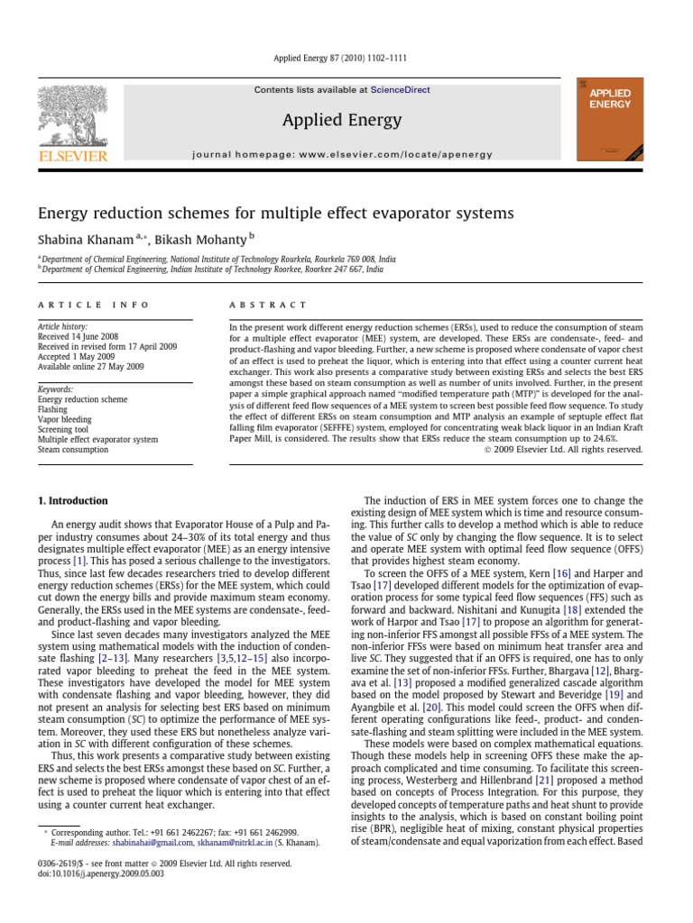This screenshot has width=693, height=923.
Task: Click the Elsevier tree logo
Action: tap(72, 117)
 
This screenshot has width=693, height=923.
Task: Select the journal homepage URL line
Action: tap(342, 154)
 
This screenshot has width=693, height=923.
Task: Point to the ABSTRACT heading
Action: tap(268, 306)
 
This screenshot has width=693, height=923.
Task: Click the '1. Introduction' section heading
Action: tap(72, 501)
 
